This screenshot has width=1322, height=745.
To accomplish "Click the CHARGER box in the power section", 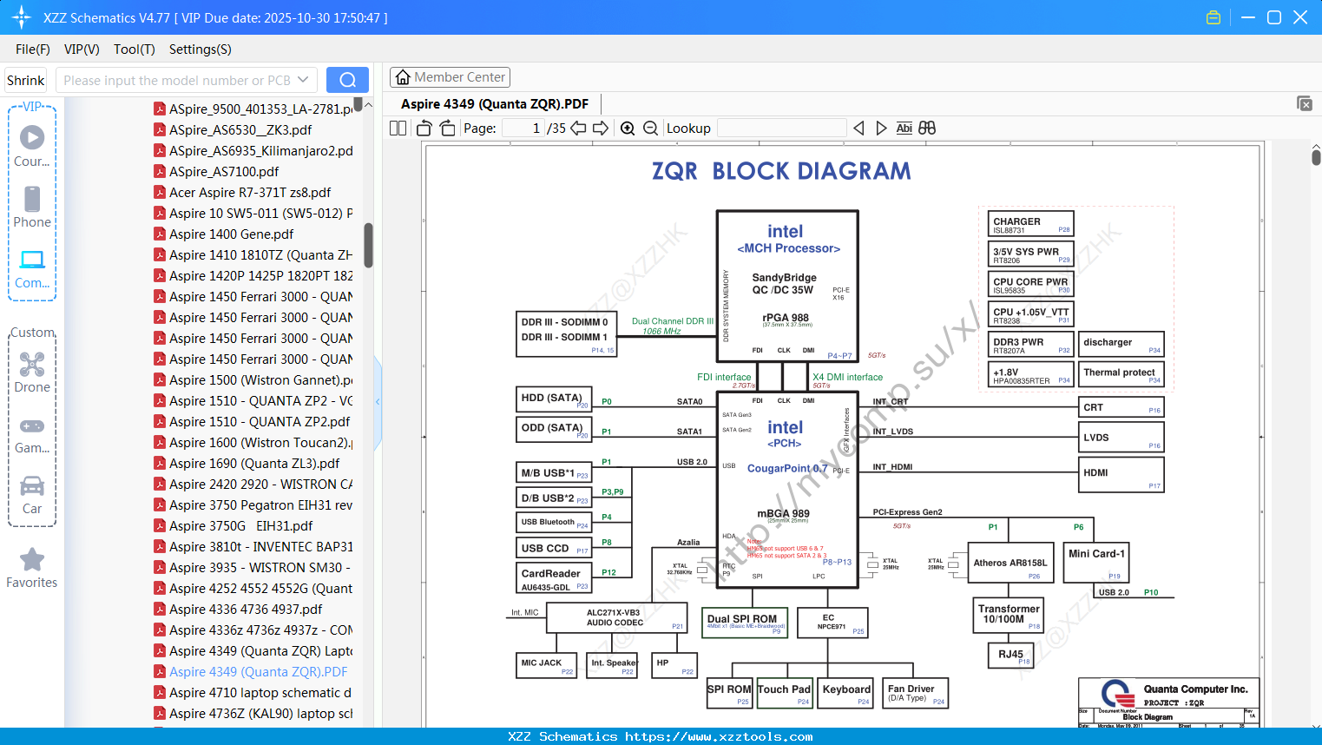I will click(x=1031, y=224).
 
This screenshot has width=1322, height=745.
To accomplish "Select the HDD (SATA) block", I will click(x=554, y=399).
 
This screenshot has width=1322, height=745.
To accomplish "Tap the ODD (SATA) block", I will click(x=554, y=429).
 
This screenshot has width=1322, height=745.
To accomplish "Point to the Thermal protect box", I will click(x=1121, y=374).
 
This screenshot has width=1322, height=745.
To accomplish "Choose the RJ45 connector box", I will click(x=1010, y=655).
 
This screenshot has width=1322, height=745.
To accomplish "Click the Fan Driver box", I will click(x=916, y=693).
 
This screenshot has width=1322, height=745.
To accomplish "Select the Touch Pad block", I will click(x=784, y=692).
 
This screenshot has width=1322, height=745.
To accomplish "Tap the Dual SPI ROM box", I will click(x=745, y=622).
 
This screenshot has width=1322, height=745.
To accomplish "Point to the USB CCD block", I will click(x=554, y=548).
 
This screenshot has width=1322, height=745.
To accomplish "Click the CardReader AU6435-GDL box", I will click(x=554, y=578).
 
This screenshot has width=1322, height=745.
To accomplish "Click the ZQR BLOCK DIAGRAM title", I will click(x=781, y=171).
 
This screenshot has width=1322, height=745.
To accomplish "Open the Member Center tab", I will click(x=450, y=77).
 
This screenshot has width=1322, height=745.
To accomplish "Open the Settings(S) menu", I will click(x=200, y=49).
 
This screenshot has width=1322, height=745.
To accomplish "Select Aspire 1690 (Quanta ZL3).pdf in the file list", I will click(x=254, y=464).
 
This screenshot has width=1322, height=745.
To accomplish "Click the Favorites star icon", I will click(x=32, y=560).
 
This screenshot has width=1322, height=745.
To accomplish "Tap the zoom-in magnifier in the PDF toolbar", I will click(x=628, y=129).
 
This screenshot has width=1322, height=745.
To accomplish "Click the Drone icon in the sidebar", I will click(x=32, y=365).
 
